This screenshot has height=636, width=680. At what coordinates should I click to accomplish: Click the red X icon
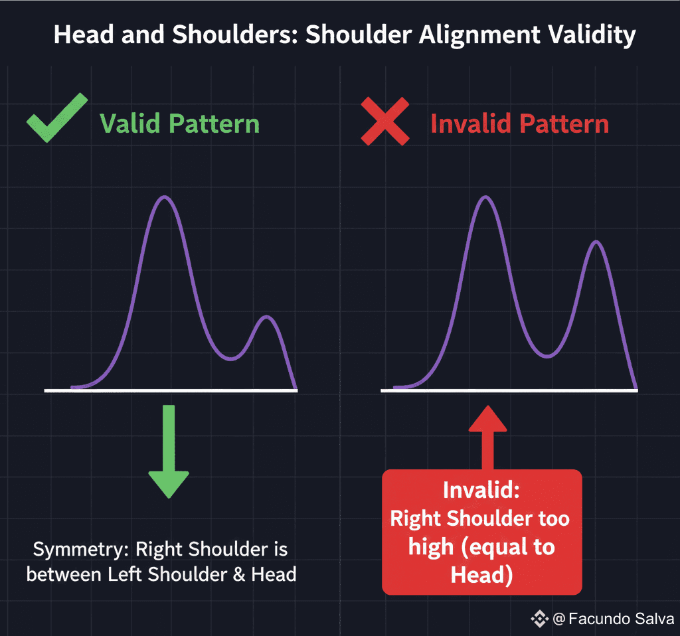[385, 121]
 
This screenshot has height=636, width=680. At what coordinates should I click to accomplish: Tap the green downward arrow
[169, 451]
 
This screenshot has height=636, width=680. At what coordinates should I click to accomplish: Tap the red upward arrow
[488, 438]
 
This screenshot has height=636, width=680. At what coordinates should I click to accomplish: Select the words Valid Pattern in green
[179, 123]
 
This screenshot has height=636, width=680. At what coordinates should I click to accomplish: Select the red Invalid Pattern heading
[519, 123]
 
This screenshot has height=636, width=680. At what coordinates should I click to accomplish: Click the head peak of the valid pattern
[165, 197]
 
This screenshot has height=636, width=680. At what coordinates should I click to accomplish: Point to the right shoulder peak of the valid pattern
[266, 317]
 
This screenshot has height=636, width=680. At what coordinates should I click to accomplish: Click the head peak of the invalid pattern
[485, 197]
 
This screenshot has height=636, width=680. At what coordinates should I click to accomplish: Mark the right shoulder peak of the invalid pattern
[597, 242]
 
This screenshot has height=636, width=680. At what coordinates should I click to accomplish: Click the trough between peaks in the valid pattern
[230, 358]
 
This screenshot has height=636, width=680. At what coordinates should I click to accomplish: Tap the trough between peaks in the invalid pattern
[547, 357]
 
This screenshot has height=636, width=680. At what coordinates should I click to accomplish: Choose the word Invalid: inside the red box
[481, 491]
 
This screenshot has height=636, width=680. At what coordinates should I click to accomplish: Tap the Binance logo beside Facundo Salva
[539, 619]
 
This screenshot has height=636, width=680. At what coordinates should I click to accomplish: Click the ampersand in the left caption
[239, 575]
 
